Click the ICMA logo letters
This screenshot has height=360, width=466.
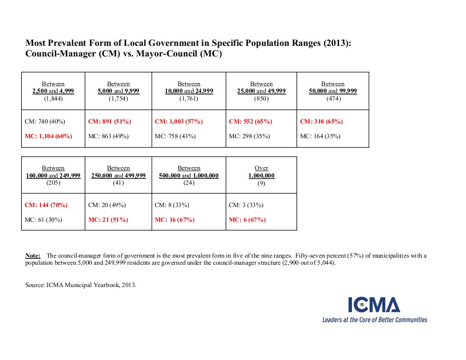pyautogui.click(x=374, y=305)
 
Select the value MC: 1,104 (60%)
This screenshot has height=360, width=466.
pyautogui.click(x=47, y=136)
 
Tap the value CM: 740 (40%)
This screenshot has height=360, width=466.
pyautogui.click(x=44, y=121)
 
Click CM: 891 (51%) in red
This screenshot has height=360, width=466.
pyautogui.click(x=109, y=121)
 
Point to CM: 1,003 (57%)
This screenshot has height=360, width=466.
pyautogui.click(x=178, y=121)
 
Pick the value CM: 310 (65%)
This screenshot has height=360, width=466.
pyautogui.click(x=321, y=121)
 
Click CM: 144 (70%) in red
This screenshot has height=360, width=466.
pyautogui.click(x=46, y=205)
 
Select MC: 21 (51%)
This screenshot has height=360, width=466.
pyautogui.click(x=108, y=220)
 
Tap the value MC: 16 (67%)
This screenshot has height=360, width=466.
pyautogui.click(x=174, y=220)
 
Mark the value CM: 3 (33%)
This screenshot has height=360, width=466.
pyautogui.click(x=245, y=205)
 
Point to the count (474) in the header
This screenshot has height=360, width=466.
pyautogui.click(x=332, y=98)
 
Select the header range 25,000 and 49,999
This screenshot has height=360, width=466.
pyautogui.click(x=261, y=91)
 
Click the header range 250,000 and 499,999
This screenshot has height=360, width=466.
pyautogui.click(x=118, y=175)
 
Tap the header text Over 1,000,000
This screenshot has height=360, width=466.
pyautogui.click(x=261, y=172)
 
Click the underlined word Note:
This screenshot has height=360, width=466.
pyautogui.click(x=33, y=255)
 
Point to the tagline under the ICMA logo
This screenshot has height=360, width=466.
pyautogui.click(x=374, y=320)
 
